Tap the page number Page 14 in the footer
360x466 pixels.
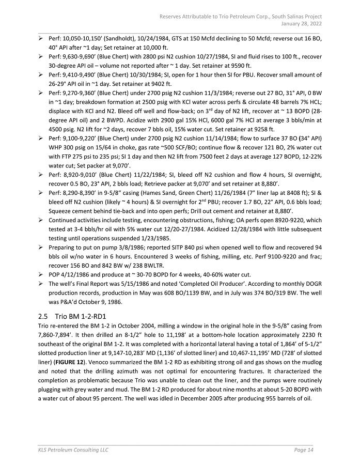(303, 451)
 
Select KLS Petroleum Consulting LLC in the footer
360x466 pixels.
(73, 451)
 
